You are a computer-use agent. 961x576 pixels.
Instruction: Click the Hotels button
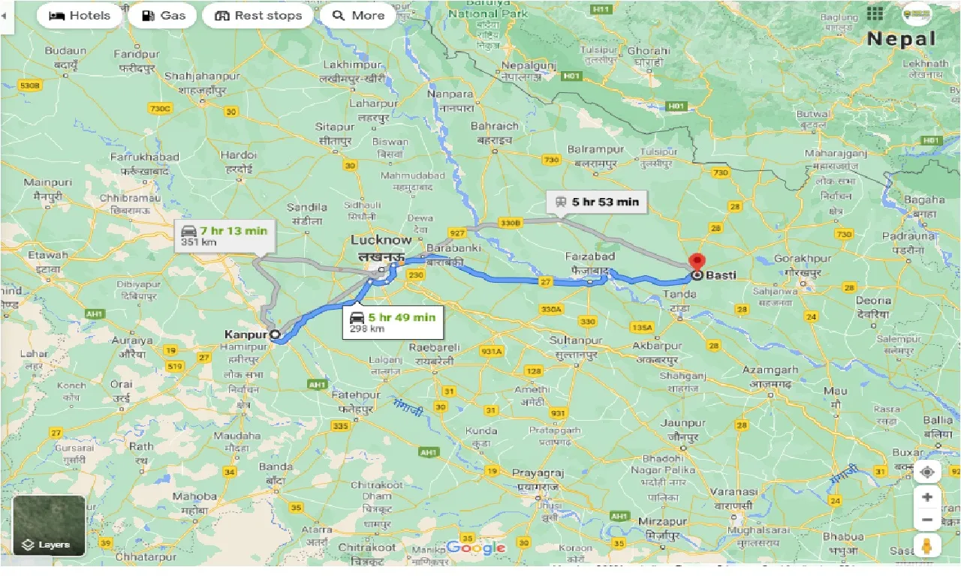[x=79, y=15]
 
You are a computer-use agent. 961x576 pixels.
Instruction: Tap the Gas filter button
[x=162, y=15]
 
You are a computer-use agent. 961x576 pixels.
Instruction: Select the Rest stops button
[x=258, y=15]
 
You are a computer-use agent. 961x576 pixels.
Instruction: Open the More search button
[x=358, y=15]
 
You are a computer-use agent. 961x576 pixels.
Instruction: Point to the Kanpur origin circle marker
[x=275, y=334]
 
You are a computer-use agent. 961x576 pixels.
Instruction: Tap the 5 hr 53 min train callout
[x=596, y=201]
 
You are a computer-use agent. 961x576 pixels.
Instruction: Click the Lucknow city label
[x=381, y=240]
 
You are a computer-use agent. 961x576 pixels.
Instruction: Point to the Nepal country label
[x=902, y=39]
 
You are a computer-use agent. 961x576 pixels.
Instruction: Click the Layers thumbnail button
[x=49, y=525]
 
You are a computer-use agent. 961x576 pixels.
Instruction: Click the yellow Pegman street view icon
[x=927, y=545]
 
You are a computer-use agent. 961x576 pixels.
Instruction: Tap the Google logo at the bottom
[x=476, y=548]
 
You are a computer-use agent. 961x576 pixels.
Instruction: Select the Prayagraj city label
[x=538, y=473]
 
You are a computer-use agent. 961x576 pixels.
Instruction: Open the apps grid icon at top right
[x=875, y=13]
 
